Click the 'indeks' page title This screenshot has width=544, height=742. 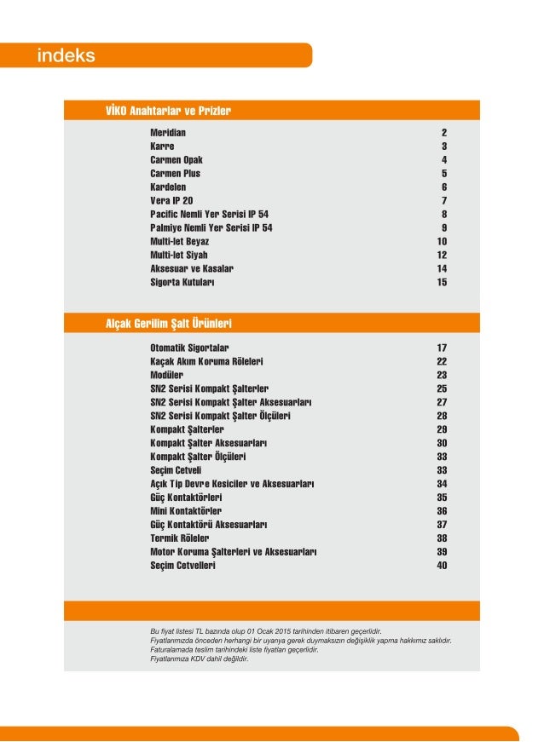point(66,56)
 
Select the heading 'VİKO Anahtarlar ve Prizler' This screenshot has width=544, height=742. point(168,111)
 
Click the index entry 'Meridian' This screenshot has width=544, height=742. point(168,134)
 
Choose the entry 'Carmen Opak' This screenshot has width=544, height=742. point(177,160)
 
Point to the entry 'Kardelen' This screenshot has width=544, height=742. point(168,187)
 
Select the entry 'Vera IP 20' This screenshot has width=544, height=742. point(171,200)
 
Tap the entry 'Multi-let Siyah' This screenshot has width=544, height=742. point(179,255)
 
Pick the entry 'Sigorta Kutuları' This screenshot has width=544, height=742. point(182,282)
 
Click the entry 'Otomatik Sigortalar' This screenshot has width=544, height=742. point(189,348)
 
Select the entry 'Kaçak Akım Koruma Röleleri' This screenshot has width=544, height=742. point(205,361)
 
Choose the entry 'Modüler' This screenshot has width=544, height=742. point(167,375)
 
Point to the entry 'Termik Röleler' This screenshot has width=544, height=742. point(179,538)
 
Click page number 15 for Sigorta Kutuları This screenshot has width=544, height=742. point(442,282)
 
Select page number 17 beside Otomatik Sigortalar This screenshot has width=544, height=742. point(442,348)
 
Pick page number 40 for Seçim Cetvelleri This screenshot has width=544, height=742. point(442,566)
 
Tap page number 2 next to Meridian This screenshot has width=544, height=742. point(444,134)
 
